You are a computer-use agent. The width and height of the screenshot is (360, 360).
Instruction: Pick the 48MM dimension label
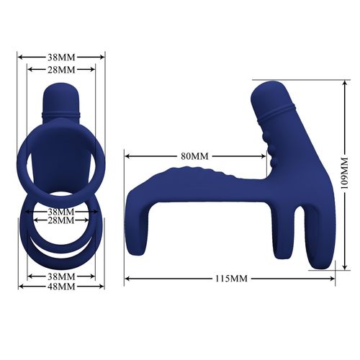61,287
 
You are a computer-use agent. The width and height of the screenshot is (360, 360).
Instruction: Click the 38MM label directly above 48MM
61,276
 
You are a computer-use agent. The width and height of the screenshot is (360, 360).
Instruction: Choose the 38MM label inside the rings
61,212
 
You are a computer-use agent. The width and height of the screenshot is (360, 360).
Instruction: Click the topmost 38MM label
61,56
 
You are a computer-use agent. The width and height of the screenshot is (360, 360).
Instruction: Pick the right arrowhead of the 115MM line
313,278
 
